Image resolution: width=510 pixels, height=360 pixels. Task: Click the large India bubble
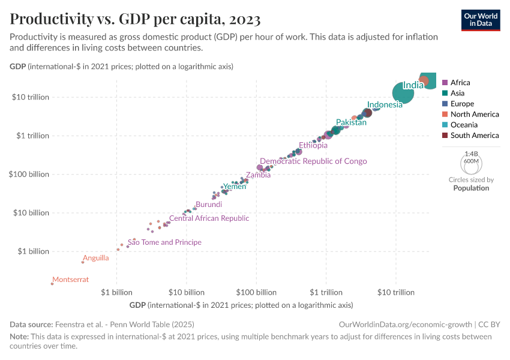(404, 92)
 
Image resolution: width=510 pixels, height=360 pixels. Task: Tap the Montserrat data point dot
(52, 284)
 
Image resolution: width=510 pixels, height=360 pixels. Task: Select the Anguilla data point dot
(83, 262)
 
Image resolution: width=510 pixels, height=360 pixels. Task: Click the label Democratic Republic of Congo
(313, 161)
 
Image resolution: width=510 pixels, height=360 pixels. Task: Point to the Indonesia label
(385, 105)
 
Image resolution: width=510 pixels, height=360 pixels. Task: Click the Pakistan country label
(351, 122)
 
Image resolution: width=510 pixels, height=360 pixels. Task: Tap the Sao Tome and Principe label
(164, 242)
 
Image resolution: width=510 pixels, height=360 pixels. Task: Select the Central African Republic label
(209, 218)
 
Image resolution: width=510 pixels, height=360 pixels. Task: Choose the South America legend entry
(474, 136)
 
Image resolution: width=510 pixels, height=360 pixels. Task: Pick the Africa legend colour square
(445, 83)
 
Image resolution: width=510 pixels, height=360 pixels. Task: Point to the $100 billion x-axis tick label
(256, 293)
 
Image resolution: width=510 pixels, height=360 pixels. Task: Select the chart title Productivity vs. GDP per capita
(135, 19)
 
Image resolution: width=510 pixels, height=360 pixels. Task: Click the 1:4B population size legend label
(471, 154)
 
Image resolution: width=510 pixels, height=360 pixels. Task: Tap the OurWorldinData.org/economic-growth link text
(406, 324)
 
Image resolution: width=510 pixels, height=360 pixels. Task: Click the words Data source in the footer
(32, 324)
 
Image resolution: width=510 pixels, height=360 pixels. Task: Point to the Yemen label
(235, 187)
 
